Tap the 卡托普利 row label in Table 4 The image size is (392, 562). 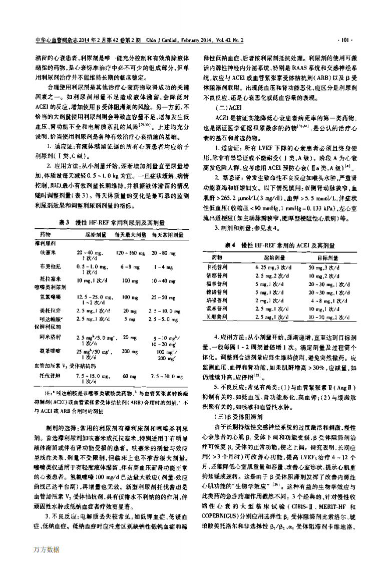click(218, 268)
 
